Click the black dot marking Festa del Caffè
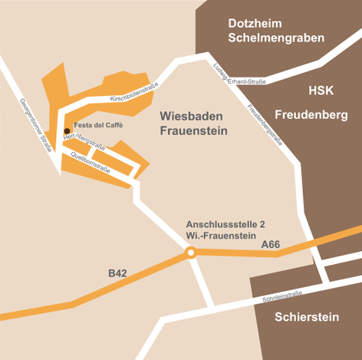pyautogui.click(x=67, y=130)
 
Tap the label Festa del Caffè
pyautogui.click(x=97, y=124)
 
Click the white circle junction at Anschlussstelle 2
pyautogui.click(x=191, y=252)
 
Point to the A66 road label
pyautogui.click(x=271, y=244)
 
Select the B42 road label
pyautogui.click(x=117, y=272)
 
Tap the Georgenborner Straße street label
pyautogui.click(x=36, y=124)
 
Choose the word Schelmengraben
pyautogui.click(x=276, y=38)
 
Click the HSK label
pyautogui.click(x=321, y=91)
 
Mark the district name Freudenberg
pyautogui.click(x=311, y=115)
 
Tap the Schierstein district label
pyautogui.click(x=305, y=316)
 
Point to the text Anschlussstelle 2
pyautogui.click(x=225, y=223)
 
